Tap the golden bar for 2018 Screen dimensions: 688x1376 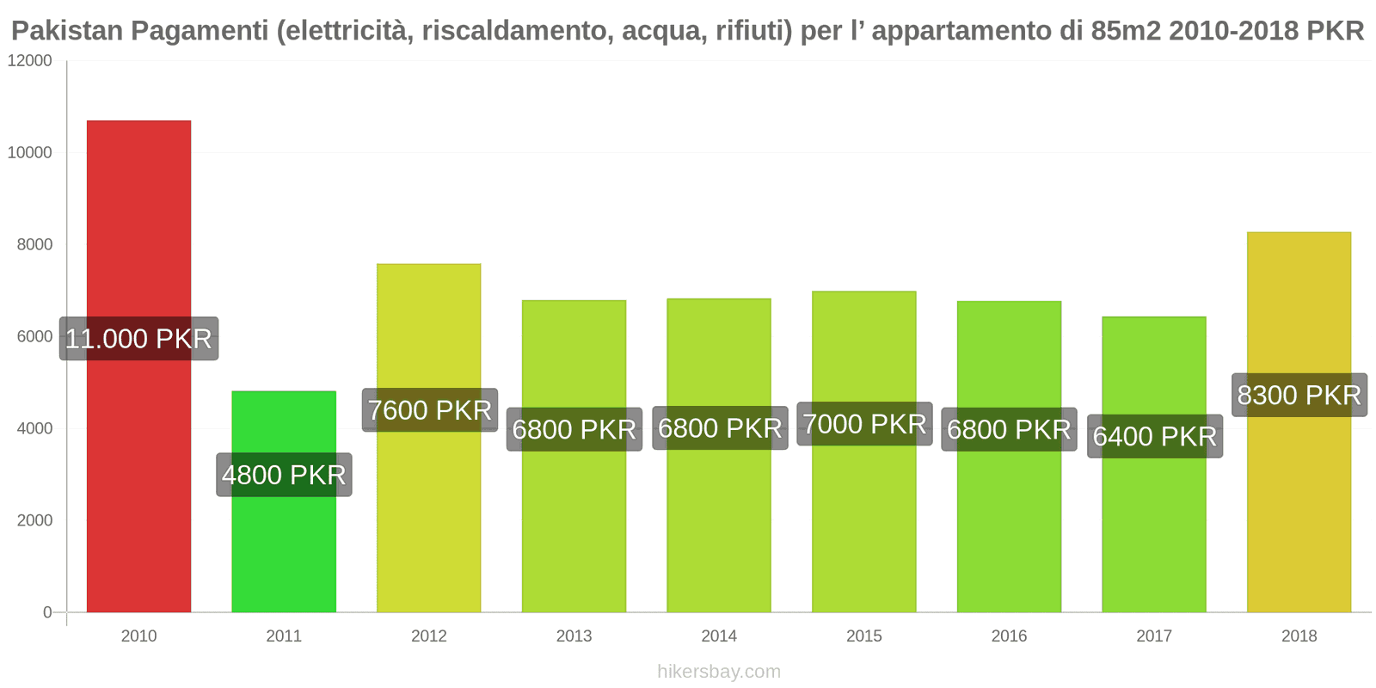pos(1299,516)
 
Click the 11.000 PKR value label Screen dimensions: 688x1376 pos(138,339)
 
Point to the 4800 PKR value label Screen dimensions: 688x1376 pos(284,475)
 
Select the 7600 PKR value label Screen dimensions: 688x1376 pos(429,410)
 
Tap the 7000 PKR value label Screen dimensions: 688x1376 pos(864,424)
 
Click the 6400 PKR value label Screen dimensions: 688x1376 pos(1154,436)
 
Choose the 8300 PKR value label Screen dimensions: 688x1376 pos(1299,395)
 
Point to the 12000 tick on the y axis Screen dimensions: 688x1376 pos(30,61)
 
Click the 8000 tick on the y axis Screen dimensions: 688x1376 pos(34,245)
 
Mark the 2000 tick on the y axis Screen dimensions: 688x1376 pos(34,520)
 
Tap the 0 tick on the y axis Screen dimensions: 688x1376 pos(47,612)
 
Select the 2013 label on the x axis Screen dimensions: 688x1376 pos(574,636)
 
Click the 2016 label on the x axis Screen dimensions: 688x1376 pos(1009,636)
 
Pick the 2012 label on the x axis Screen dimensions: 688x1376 pos(429,636)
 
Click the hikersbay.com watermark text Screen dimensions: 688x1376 pos(719,672)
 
